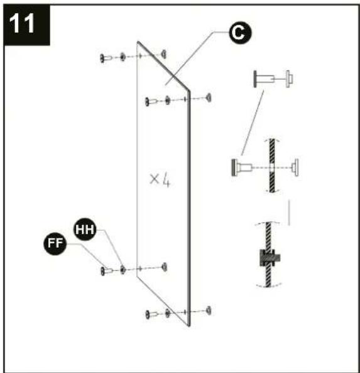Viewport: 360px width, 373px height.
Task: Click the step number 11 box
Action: coord(26,25)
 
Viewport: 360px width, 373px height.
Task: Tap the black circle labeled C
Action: coord(240,33)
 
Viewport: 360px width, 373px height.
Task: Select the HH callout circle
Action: coord(85,230)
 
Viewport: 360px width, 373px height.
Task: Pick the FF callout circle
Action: coord(55,243)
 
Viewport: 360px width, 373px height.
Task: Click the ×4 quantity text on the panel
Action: coord(160,181)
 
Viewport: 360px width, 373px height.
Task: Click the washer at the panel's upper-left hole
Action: coord(123,57)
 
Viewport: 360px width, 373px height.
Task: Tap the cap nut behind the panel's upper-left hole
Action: coord(164,54)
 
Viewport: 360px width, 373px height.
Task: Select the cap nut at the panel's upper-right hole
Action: coord(209,97)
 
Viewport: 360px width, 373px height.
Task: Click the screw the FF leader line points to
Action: coord(106,271)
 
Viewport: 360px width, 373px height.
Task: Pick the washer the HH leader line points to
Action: coord(123,269)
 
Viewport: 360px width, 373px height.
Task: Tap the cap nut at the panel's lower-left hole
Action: coord(164,267)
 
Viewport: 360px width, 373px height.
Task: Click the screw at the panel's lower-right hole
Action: coord(151,315)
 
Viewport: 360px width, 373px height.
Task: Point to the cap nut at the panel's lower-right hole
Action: coord(209,311)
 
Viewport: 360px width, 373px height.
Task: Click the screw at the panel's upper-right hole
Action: coord(151,101)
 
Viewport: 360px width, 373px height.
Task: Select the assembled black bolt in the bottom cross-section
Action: coord(270,258)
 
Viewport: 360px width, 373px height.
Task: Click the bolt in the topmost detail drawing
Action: coord(264,79)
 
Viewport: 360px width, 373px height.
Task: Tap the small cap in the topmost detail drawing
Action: coord(289,79)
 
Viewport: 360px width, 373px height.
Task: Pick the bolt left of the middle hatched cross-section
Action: coord(242,167)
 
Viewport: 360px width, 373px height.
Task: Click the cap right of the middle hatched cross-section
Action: coord(295,167)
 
